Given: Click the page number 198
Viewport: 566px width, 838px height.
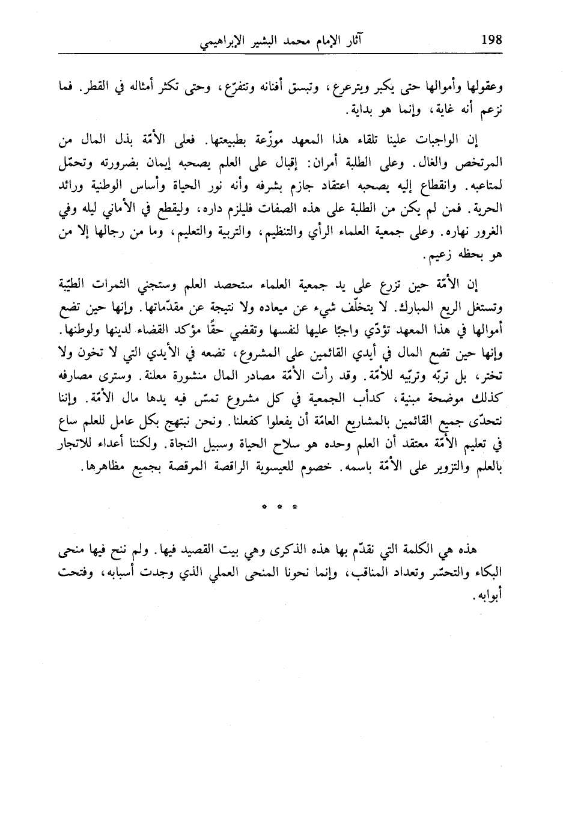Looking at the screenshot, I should [492, 43].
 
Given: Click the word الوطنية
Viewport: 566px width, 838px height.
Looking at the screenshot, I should [123, 182].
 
